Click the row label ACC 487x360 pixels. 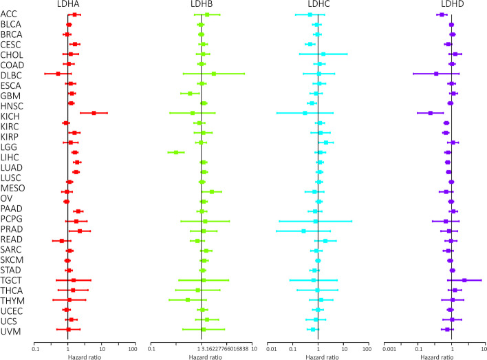[x=10, y=14]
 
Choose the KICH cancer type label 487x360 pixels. [x=10, y=113]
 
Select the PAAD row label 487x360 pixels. [x=11, y=211]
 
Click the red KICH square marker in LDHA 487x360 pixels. [x=94, y=113]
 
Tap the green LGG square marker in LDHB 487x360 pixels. [x=176, y=152]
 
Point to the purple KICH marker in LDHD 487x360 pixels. [x=431, y=113]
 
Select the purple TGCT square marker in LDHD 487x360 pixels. [x=464, y=280]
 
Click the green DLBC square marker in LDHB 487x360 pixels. [x=213, y=74]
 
